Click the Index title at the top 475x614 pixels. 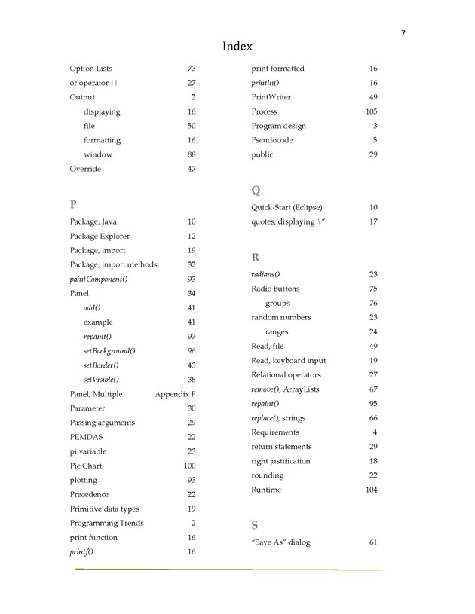tap(237, 47)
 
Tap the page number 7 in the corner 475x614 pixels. tap(403, 32)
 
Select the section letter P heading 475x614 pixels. tap(73, 204)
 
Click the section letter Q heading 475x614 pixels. tap(256, 190)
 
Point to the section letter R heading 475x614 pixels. tap(256, 257)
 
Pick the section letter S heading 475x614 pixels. tap(255, 524)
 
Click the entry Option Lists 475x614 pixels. tap(90, 69)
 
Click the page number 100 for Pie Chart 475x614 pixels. tap(189, 466)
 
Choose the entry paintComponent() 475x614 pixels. tap(99, 279)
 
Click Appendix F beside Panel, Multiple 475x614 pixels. tap(175, 394)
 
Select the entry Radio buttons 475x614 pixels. tap(275, 289)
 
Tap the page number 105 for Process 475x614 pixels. tap(371, 111)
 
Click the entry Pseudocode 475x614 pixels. tap(272, 140)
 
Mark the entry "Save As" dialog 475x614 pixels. tap(280, 542)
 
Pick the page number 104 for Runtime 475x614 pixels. tap(371, 490)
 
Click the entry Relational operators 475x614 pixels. tap(286, 374)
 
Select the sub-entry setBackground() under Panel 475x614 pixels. tap(109, 350)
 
